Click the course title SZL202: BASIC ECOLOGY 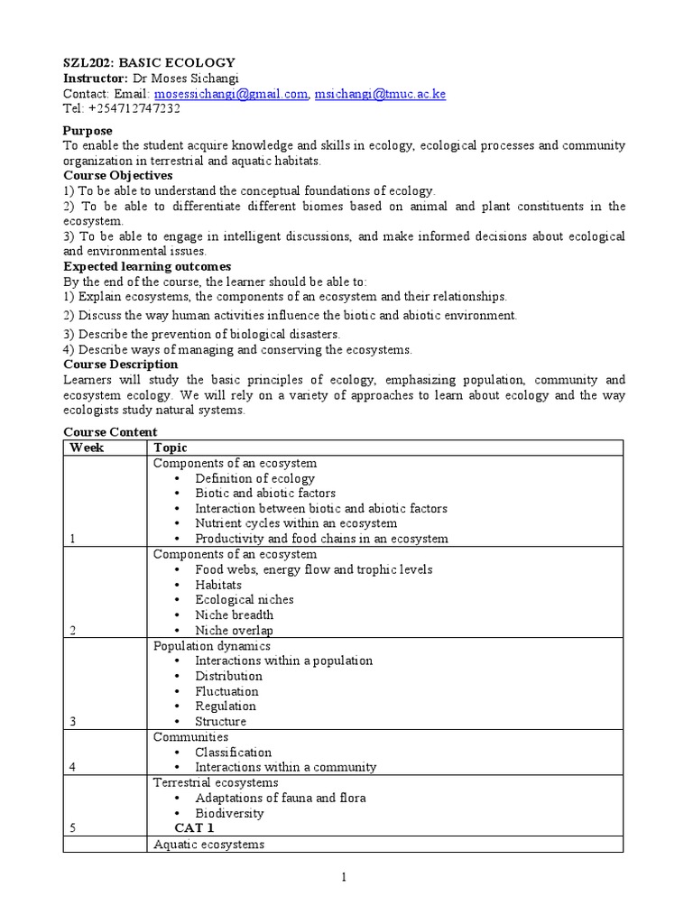tap(149, 62)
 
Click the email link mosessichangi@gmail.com tap(231, 93)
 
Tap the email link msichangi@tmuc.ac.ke tap(380, 93)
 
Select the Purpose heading tap(88, 131)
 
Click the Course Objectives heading tap(117, 175)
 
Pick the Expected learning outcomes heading tap(147, 266)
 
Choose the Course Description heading tap(120, 364)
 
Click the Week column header tap(88, 448)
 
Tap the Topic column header tap(171, 448)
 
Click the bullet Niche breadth tap(234, 614)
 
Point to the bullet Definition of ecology tap(254, 478)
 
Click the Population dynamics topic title tap(211, 646)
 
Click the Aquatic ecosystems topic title tap(208, 844)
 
